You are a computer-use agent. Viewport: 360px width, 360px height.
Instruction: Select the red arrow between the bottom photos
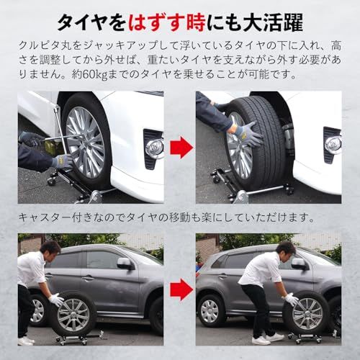point(180,289)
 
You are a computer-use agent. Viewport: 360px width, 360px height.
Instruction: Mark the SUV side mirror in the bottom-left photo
point(125,264)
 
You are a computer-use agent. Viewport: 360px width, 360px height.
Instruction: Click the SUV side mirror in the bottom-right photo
point(300,264)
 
